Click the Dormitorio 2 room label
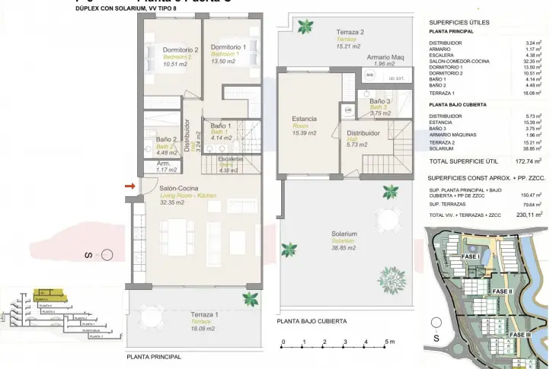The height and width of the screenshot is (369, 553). click(181, 50)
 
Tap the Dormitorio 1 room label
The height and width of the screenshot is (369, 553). click(229, 47)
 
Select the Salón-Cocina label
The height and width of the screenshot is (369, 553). click(179, 189)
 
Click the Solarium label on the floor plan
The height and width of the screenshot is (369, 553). click(344, 234)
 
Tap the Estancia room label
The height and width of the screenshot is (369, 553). click(304, 118)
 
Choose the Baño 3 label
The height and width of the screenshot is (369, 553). click(380, 101)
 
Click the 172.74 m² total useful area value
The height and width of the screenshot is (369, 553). click(526, 161)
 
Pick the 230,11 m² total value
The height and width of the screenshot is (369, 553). click(526, 215)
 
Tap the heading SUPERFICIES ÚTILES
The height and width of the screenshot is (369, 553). click(459, 22)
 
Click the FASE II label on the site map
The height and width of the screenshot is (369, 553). click(502, 291)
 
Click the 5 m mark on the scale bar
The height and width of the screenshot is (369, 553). click(388, 342)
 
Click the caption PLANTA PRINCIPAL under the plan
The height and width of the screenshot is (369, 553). click(154, 357)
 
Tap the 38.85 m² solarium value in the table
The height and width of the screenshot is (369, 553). click(531, 149)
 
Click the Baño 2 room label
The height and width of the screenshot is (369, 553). click(167, 140)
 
